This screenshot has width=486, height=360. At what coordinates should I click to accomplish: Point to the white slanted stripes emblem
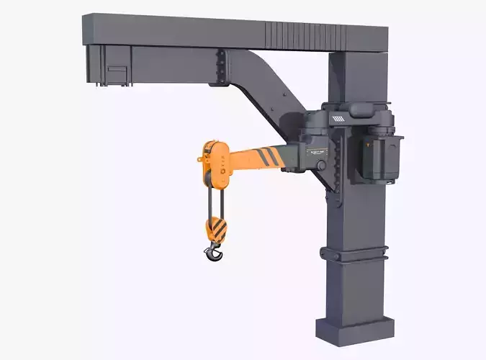pyautogui.click(x=337, y=117)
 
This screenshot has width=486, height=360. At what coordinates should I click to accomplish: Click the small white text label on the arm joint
pyautogui.click(x=317, y=153)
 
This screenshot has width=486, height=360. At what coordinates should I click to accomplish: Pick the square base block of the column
pyautogui.click(x=356, y=328)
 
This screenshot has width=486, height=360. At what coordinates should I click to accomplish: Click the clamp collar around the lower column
pyautogui.click(x=355, y=253)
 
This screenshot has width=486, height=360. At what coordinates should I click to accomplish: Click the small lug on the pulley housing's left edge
pyautogui.click(x=201, y=157)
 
